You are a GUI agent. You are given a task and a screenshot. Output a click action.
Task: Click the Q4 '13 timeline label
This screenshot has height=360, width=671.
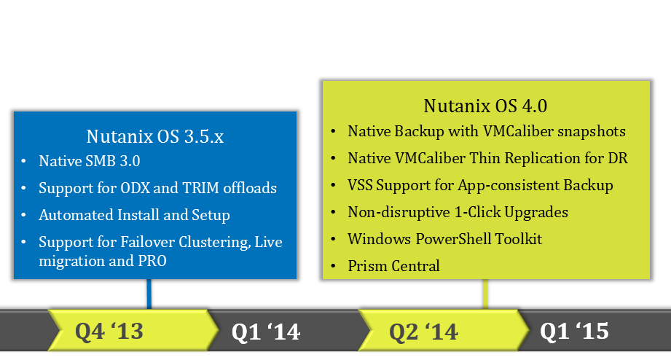click(x=109, y=331)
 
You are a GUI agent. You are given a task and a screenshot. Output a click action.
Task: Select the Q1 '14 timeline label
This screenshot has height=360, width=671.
click(x=266, y=332)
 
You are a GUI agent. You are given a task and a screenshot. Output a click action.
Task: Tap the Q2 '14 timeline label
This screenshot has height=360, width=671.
click(x=423, y=332)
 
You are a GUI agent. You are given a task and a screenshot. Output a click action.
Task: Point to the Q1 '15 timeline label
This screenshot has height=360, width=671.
click(x=574, y=331)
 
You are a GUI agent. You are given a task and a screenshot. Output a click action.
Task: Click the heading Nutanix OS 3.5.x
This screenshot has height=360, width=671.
click(x=155, y=136)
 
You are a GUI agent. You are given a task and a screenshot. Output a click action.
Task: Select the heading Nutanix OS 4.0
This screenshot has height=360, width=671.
click(x=485, y=106)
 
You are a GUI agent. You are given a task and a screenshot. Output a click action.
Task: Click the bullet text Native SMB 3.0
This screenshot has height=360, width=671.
click(x=90, y=161)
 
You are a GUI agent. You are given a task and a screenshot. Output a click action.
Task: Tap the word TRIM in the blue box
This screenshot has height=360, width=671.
click(x=200, y=188)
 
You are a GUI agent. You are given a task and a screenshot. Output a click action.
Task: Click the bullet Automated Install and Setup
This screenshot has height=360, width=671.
click(x=134, y=215)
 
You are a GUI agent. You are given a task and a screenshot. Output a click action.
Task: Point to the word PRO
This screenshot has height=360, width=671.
click(x=152, y=261)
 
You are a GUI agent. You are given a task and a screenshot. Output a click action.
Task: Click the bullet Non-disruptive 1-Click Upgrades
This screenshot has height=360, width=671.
click(x=458, y=212)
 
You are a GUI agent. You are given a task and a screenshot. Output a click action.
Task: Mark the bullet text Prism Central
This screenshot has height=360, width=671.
click(x=393, y=266)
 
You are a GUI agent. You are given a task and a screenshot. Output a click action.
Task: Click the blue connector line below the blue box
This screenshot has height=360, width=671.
click(x=149, y=294)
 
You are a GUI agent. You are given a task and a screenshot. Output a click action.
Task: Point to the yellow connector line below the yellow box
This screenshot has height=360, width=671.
click(x=484, y=294)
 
